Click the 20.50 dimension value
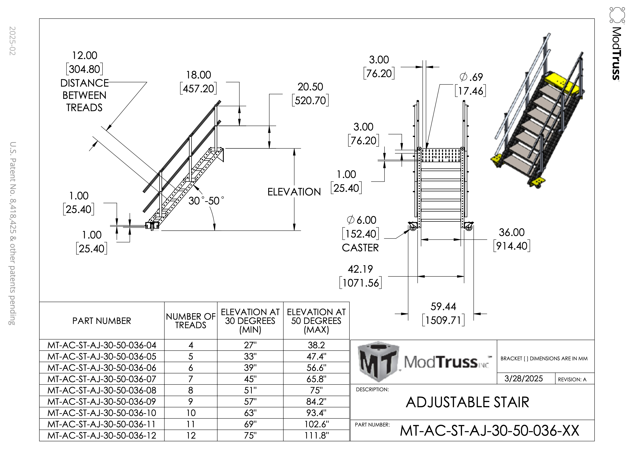coord(310,87)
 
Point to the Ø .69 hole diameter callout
coord(471,77)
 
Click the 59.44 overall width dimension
coord(443,307)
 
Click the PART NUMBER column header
coord(102,321)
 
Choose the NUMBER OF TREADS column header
coord(191,321)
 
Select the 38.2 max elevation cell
coord(316,345)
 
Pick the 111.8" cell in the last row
coord(316,435)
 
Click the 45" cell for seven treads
coord(250,379)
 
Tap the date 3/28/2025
coord(523,379)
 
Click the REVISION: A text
coord(572,379)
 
